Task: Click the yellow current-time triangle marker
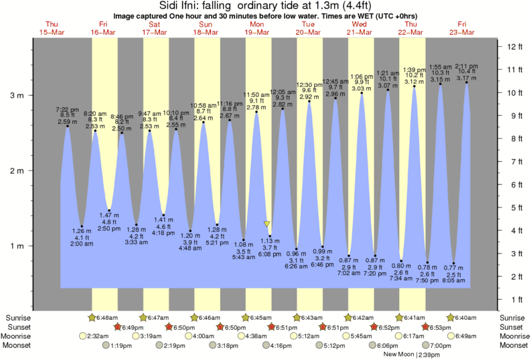[267, 223]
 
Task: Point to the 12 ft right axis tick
[514, 46]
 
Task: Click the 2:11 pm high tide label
[466, 66]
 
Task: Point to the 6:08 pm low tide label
[270, 254]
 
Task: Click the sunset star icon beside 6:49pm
[118, 327]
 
